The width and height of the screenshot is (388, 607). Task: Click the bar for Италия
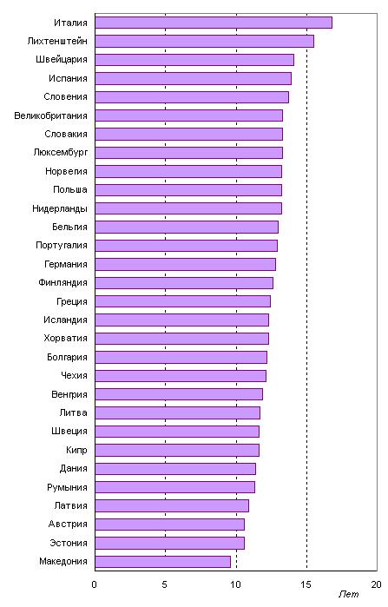click(214, 23)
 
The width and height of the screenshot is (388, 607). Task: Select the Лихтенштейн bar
click(204, 41)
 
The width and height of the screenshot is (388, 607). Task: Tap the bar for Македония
click(163, 562)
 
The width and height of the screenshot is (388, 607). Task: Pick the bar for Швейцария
click(194, 60)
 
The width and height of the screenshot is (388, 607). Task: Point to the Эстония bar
click(170, 543)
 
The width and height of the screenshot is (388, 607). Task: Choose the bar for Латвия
click(172, 506)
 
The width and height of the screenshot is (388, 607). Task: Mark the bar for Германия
click(185, 264)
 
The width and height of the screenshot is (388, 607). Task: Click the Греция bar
click(182, 301)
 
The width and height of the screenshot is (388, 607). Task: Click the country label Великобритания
click(50, 115)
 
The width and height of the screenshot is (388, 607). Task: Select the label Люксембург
click(61, 153)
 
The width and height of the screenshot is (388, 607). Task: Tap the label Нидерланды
click(60, 208)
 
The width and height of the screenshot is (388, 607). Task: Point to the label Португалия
click(62, 246)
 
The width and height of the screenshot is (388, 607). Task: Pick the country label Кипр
click(76, 450)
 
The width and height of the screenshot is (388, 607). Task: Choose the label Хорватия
click(65, 339)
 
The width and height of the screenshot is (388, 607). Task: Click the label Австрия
click(68, 525)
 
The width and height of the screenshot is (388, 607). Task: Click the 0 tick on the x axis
click(94, 584)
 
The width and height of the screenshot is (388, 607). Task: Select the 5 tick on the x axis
click(165, 584)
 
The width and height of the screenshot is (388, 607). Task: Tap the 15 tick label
click(306, 584)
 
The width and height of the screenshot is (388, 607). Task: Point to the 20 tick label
click(377, 584)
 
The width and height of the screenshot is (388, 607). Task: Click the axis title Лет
click(349, 594)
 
